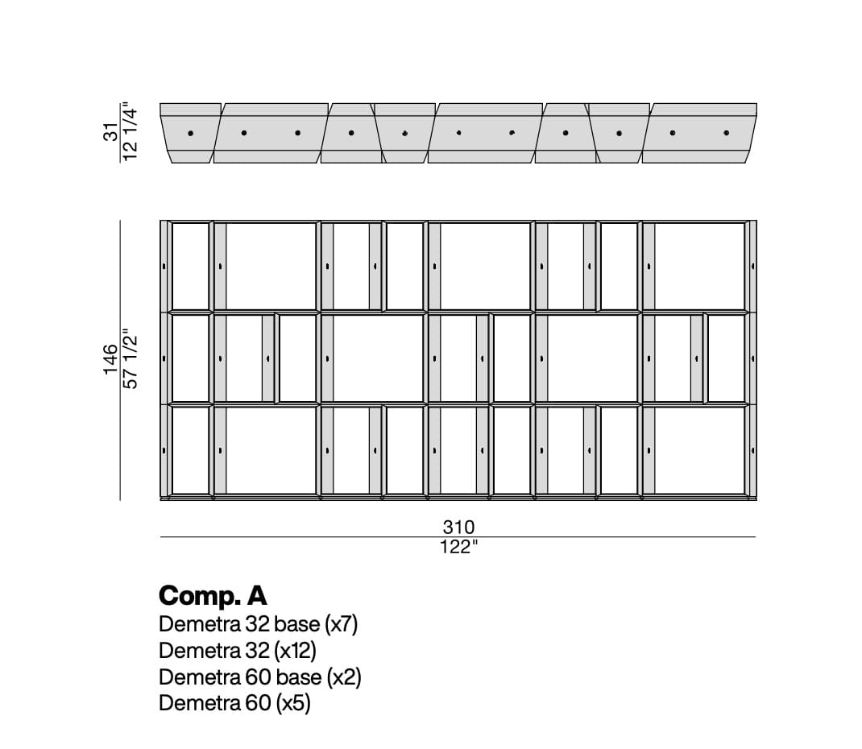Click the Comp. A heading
213,596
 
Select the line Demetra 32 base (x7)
259,624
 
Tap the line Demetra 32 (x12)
238,651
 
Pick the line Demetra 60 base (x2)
260,677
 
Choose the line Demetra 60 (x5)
234,703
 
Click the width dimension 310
458,527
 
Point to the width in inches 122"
458,548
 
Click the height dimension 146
110,359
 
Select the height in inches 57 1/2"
130,359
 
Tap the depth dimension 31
110,132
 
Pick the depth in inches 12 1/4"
130,132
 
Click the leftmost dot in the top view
190,133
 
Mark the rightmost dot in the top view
726,133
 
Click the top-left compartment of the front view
190,267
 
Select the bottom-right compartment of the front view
699,451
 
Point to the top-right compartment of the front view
699,267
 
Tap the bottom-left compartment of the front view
190,451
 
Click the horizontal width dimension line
458,537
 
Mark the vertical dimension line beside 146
120,361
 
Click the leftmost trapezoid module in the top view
190,133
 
